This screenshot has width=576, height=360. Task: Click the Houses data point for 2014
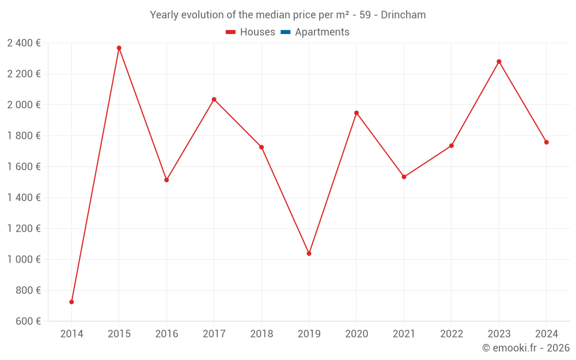[71, 302]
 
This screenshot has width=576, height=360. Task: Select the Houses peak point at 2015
[119, 48]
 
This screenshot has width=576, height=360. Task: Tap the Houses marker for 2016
[166, 180]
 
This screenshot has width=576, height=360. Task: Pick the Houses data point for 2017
[214, 100]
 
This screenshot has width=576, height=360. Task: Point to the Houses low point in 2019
[309, 253]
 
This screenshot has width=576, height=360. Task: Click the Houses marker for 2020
[357, 113]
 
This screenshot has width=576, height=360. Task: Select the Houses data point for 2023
[499, 62]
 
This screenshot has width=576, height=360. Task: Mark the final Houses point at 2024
[547, 142]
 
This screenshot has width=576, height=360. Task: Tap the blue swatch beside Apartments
[285, 32]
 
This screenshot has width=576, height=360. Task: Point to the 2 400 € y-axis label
[24, 43]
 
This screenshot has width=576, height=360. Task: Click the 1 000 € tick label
[24, 259]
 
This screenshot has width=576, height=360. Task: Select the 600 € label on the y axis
[27, 321]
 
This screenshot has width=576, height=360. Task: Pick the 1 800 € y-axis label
[24, 136]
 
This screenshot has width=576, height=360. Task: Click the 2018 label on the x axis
[262, 334]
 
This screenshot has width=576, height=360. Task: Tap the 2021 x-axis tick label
[404, 334]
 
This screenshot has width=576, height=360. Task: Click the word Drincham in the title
[403, 15]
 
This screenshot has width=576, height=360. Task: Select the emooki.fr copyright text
[526, 348]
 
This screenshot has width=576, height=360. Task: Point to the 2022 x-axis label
[452, 334]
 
